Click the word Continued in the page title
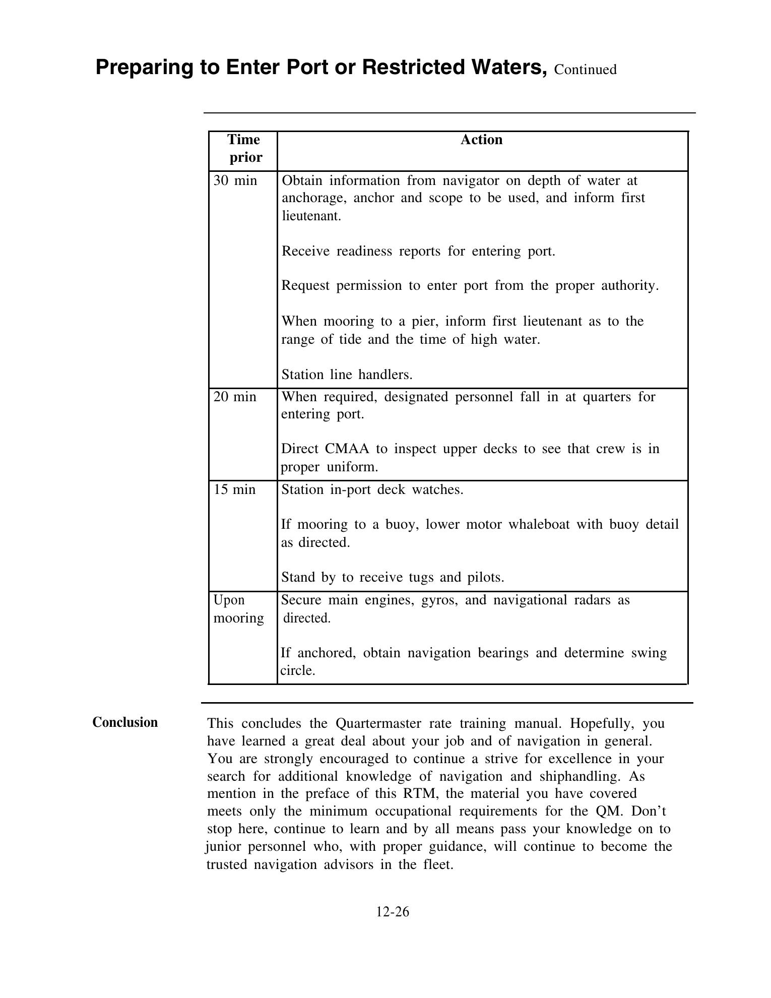(585, 70)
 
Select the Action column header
(481, 140)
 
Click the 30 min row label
(235, 180)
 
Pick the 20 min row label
(235, 397)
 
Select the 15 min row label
(234, 489)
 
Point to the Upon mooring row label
(238, 609)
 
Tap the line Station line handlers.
(347, 375)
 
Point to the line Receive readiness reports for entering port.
(418, 251)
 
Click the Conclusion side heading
(125, 722)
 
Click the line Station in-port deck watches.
(372, 489)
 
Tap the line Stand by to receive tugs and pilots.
(393, 577)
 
